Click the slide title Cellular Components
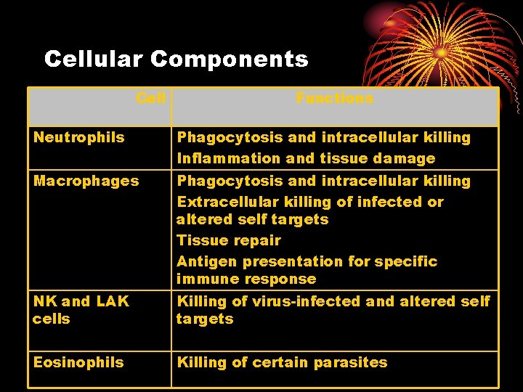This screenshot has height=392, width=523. point(176,59)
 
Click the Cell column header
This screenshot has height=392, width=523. point(151,98)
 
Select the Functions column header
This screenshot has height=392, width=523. point(334,98)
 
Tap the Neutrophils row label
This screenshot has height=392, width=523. point(78,137)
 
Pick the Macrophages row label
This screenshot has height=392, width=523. point(86,181)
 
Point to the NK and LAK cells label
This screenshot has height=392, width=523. point(81,310)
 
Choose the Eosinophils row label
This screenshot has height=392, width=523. point(78,362)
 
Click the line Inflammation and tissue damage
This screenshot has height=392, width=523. point(306,158)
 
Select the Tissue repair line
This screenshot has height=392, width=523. point(229,240)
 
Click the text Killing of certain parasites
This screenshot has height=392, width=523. point(282,362)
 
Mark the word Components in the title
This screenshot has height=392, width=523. point(229,59)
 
